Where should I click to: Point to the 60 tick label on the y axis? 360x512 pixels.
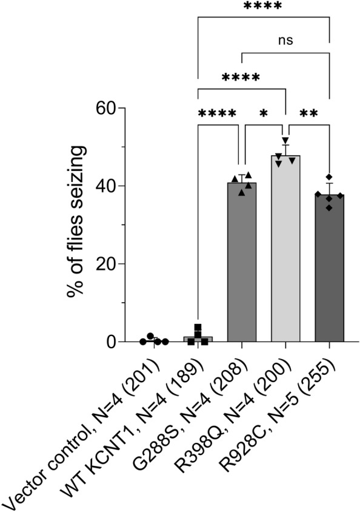(113, 109)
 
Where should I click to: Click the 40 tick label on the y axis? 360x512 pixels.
(113, 186)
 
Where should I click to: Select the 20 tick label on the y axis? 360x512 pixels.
(113, 264)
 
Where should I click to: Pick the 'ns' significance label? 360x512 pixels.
(285, 41)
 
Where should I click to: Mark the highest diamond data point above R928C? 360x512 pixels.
(328, 177)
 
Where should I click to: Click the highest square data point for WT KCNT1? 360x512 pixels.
(198, 328)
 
